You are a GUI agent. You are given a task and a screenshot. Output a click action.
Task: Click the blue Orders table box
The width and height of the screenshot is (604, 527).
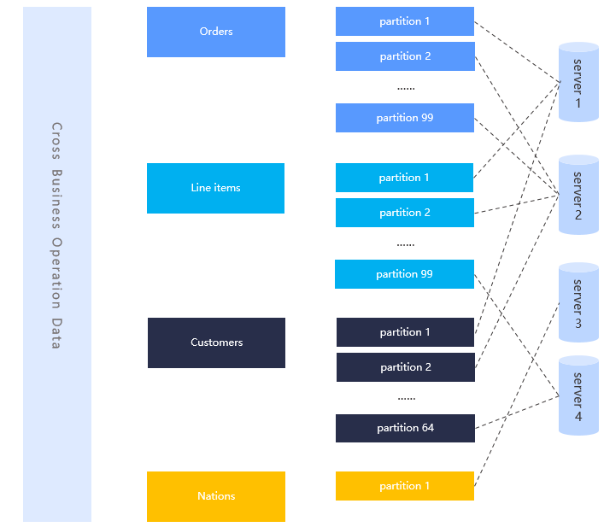(x=215, y=32)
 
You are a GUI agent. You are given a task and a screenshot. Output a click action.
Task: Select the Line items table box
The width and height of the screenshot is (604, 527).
(x=215, y=188)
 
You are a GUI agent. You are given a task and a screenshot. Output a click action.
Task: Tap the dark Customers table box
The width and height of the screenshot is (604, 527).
(x=216, y=343)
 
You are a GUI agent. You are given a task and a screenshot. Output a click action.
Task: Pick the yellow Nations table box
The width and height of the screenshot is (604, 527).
(x=215, y=496)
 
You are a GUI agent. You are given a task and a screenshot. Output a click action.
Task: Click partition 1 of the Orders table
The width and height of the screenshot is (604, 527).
(x=404, y=21)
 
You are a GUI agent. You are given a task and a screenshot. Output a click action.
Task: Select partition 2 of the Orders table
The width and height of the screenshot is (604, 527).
(x=404, y=56)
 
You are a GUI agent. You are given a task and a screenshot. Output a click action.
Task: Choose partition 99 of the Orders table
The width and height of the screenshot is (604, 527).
(x=404, y=118)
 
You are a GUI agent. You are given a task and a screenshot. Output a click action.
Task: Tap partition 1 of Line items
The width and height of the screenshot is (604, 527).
(x=404, y=178)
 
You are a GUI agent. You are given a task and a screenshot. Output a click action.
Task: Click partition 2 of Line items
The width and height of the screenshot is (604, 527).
(x=404, y=213)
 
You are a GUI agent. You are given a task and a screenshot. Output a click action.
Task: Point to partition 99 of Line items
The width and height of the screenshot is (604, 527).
(x=404, y=274)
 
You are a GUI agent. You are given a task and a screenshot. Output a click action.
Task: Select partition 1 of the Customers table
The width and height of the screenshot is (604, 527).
(x=404, y=332)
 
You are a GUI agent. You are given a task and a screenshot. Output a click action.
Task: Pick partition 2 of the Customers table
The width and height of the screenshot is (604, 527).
(x=404, y=367)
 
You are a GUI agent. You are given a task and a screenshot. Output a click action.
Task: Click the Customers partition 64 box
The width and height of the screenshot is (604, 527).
(x=404, y=428)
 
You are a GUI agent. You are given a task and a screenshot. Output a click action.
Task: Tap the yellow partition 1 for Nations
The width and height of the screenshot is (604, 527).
(x=404, y=486)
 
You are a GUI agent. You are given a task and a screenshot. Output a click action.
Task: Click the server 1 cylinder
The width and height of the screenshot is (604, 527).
(x=578, y=83)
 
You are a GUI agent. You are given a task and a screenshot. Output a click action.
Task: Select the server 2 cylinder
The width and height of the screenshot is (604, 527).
(x=578, y=195)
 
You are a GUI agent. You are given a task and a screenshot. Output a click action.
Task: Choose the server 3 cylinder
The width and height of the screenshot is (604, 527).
(x=578, y=302)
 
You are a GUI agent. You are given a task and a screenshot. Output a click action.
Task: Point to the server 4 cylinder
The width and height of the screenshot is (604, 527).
(x=578, y=396)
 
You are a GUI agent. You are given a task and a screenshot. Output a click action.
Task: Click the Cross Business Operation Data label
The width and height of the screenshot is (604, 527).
(x=56, y=235)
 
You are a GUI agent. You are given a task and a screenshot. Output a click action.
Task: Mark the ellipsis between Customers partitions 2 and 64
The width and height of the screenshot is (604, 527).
(x=406, y=398)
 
